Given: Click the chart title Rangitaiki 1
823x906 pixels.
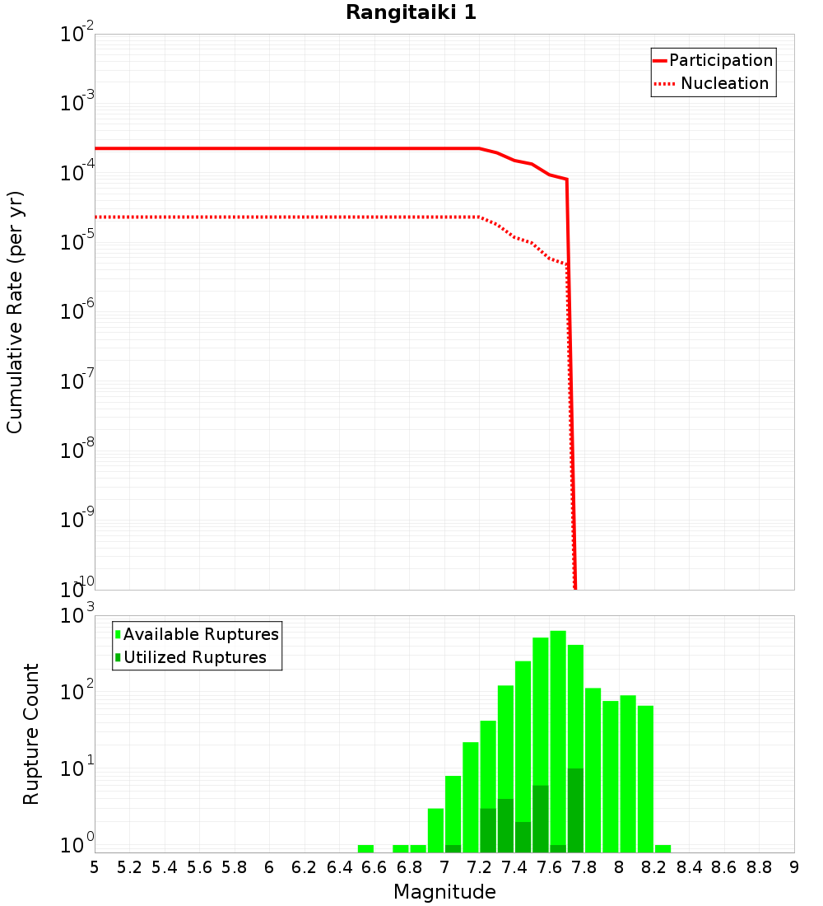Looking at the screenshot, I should point(411,12).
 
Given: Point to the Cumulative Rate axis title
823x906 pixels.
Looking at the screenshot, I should point(15,312).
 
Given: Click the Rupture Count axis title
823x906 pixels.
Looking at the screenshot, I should point(31,733).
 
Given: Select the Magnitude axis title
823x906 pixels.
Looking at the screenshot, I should point(444,892).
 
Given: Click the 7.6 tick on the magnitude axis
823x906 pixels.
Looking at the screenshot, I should point(549,867).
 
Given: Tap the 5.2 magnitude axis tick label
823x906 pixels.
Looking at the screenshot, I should point(129,867).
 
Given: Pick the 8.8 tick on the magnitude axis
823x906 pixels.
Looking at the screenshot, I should point(759,867).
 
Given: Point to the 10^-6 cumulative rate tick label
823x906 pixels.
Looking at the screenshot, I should point(77,311).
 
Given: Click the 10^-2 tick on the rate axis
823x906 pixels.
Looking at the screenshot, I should point(77,35).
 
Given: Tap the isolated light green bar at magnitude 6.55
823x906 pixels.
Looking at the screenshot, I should point(365,848).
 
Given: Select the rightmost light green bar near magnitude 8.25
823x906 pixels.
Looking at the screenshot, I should point(663,848).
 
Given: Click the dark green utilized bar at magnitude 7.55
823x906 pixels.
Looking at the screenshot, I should point(540,820).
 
